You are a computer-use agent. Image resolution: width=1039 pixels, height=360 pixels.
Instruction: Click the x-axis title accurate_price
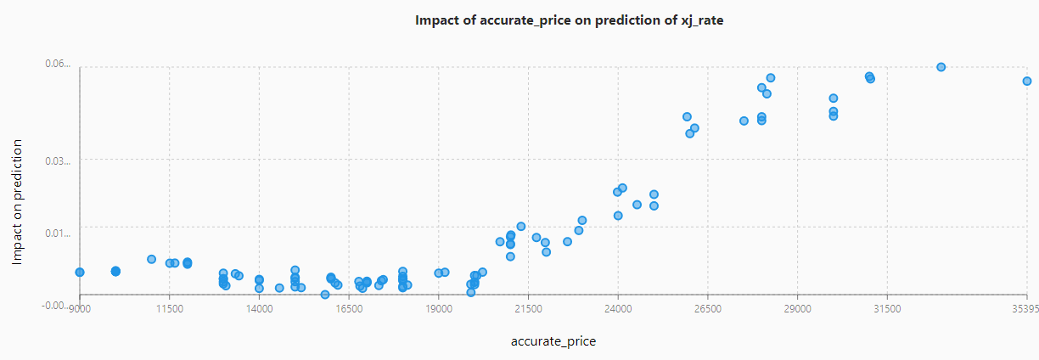point(553,341)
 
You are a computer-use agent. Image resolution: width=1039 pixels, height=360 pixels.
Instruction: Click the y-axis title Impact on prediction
point(18,202)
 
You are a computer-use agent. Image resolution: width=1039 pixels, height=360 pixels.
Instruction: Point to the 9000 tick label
point(79,309)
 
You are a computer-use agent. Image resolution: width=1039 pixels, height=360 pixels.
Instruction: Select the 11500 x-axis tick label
point(169,309)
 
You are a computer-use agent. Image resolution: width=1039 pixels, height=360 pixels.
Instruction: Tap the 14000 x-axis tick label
point(259,309)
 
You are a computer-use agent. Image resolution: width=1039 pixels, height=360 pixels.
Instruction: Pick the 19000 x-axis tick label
point(439,309)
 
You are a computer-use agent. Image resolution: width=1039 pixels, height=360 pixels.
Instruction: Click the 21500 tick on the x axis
point(528,309)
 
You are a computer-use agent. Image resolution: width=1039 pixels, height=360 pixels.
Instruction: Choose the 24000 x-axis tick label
point(618,309)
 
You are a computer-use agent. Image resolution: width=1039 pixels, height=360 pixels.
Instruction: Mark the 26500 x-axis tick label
point(708,309)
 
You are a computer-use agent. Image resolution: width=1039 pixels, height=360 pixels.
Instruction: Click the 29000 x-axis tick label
point(797,309)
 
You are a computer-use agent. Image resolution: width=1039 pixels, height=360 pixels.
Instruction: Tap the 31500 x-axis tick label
point(887,309)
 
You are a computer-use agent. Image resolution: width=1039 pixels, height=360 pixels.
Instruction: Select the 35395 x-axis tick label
point(1025,309)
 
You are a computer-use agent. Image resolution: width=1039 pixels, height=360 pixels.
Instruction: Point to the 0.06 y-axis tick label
point(58,64)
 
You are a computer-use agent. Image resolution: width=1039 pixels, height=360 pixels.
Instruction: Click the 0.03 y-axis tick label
point(58,160)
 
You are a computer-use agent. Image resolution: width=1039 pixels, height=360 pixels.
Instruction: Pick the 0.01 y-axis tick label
point(58,228)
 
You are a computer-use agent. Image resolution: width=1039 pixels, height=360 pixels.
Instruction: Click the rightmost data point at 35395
point(1026,81)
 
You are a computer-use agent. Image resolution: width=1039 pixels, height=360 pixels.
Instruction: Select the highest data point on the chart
point(941,67)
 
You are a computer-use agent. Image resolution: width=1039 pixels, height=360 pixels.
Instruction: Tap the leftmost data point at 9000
point(80,272)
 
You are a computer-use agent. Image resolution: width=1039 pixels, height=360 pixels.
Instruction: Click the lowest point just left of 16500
point(324,295)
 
